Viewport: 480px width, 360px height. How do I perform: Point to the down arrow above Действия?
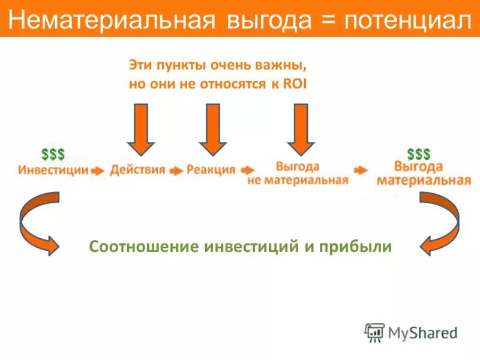(x=141, y=129)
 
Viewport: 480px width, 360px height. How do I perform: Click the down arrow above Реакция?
(x=213, y=129)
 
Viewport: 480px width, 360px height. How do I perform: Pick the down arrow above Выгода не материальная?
(x=301, y=129)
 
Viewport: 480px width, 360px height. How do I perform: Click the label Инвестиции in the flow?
(x=53, y=170)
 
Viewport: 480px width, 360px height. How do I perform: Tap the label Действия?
(x=137, y=170)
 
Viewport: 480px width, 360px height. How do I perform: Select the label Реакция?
(x=211, y=170)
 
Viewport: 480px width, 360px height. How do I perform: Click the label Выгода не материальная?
(x=298, y=173)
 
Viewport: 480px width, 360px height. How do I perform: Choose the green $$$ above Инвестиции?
(x=53, y=154)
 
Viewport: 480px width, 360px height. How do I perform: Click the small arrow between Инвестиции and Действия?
(x=98, y=170)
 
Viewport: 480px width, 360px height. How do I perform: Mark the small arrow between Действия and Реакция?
(x=176, y=170)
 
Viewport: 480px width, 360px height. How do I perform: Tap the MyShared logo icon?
(x=375, y=332)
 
